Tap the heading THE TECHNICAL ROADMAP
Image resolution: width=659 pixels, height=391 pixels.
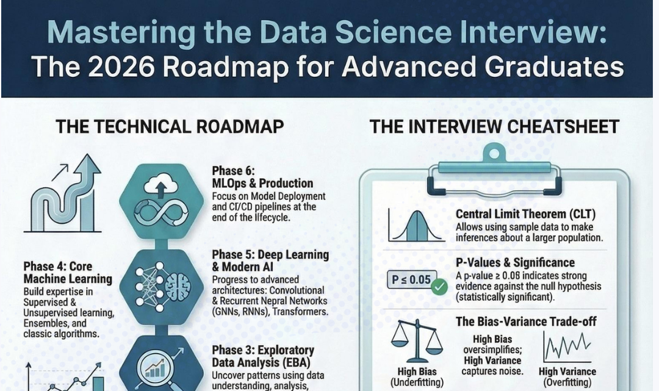169,126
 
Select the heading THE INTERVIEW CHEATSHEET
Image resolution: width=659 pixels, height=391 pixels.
494,126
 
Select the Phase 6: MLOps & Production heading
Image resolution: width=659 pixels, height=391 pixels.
262,177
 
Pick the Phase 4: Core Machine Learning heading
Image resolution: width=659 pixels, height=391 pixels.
68,273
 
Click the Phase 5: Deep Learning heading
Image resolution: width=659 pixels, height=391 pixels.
270,260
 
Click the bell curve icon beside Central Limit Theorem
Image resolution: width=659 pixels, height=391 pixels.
416,226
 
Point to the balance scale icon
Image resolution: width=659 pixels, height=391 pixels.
417,342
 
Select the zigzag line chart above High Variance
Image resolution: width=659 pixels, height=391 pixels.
567,348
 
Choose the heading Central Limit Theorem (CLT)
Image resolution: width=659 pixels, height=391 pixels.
525,214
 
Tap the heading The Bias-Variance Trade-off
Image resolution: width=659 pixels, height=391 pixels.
526,321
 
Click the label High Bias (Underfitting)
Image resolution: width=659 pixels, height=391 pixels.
417,377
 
